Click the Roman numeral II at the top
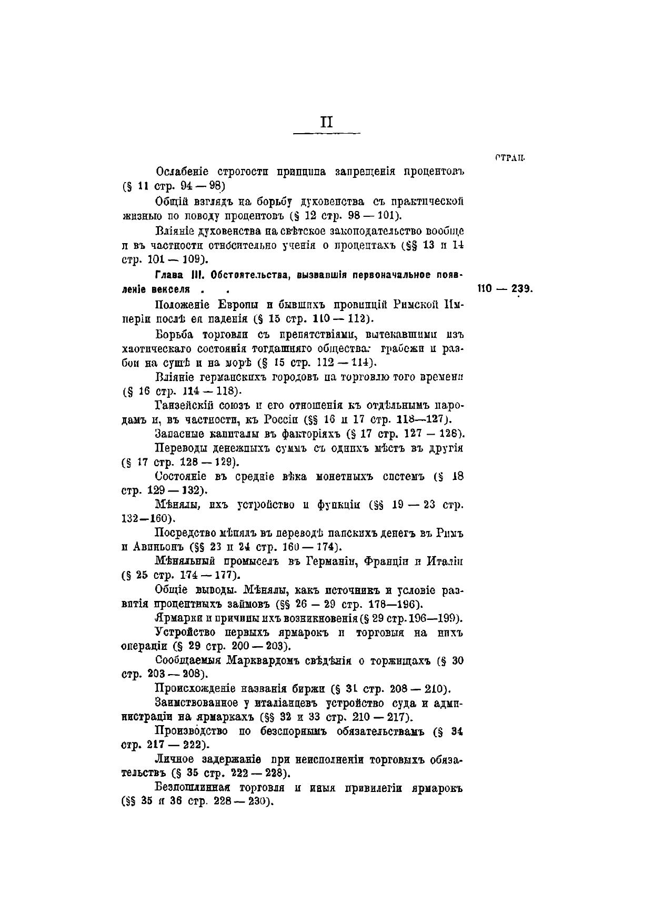[x=326, y=122]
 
